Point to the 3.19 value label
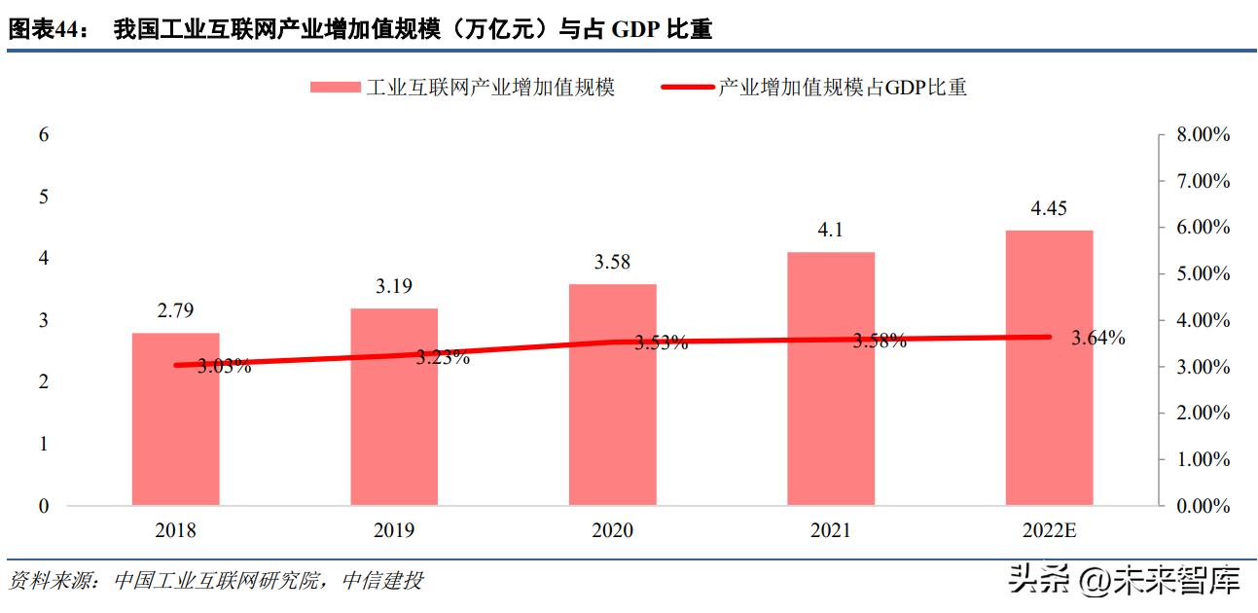pyautogui.click(x=393, y=286)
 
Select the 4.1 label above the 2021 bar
pyautogui.click(x=830, y=230)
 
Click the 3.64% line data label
pyautogui.click(x=1097, y=339)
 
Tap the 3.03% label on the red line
pyautogui.click(x=224, y=367)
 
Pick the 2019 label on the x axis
pyautogui.click(x=393, y=530)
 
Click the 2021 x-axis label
pyautogui.click(x=830, y=530)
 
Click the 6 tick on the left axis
pyautogui.click(x=43, y=135)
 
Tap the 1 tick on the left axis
pyautogui.click(x=43, y=444)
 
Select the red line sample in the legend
pyautogui.click(x=687, y=88)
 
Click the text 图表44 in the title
pyautogui.click(x=43, y=30)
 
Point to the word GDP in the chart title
pyautogui.click(x=632, y=30)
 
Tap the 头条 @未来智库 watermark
pyautogui.click(x=1124, y=581)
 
